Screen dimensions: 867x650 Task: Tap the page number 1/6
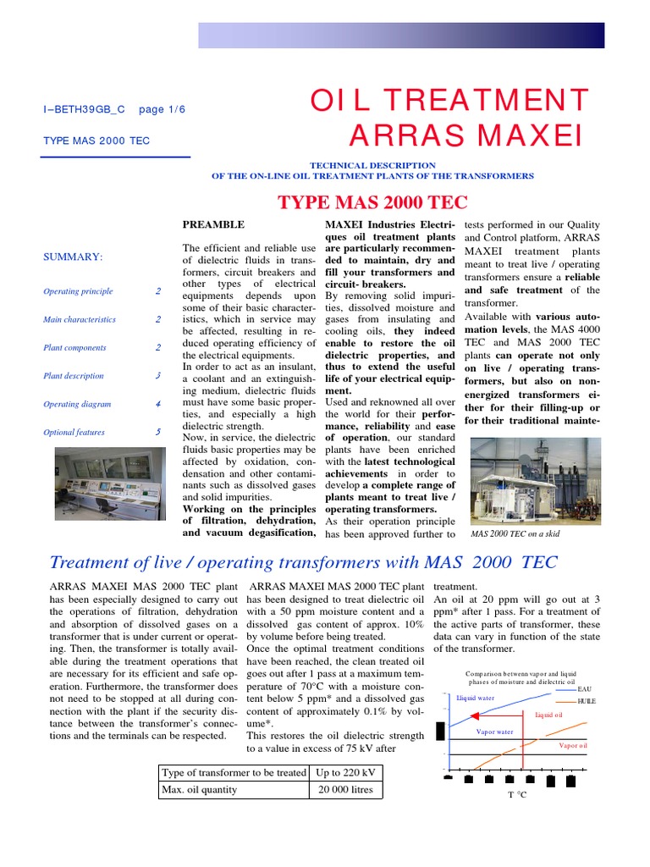pos(161,110)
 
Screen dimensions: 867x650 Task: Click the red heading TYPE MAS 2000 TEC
pos(372,202)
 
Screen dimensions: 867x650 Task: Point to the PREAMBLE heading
pos(214,224)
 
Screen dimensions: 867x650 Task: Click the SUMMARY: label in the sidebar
pos(73,257)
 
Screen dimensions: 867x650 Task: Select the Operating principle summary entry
pos(78,291)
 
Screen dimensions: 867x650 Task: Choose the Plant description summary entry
pos(74,376)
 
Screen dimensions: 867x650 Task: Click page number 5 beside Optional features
pos(157,432)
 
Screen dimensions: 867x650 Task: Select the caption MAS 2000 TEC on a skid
pos(515,534)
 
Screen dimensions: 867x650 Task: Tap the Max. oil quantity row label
pos(200,790)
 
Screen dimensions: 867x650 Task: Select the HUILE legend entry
pos(586,702)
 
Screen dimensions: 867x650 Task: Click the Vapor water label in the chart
pos(494,732)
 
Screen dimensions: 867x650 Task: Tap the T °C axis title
pos(516,795)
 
